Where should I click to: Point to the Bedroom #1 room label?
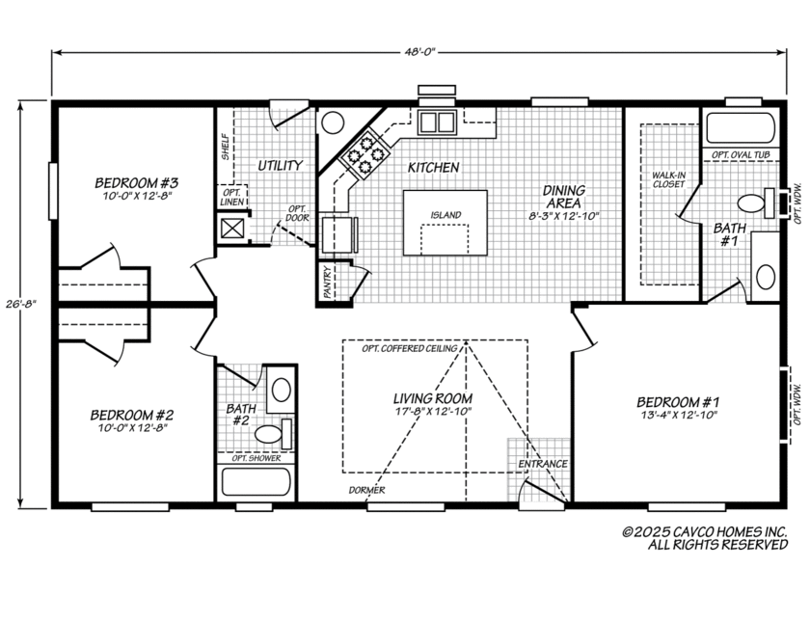coord(678,402)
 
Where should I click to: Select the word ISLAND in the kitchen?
coord(445,215)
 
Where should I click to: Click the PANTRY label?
coord(328,284)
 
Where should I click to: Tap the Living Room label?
coord(432,398)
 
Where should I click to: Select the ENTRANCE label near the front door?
coord(543,464)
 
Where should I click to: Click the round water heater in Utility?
coord(333,122)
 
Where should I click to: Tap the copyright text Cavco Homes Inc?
coord(705,532)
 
